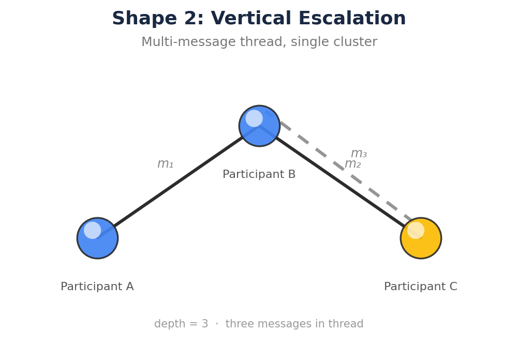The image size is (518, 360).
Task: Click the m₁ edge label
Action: click(165, 164)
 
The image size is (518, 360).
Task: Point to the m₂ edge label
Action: click(352, 164)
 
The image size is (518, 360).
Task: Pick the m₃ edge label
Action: click(359, 154)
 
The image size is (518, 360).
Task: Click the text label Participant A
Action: click(97, 287)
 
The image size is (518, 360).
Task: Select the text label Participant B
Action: click(259, 175)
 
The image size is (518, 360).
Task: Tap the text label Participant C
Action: click(420, 287)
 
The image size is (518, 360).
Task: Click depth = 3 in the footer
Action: click(181, 324)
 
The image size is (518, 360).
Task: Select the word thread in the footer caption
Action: click(347, 324)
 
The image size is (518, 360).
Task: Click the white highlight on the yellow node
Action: click(416, 230)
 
